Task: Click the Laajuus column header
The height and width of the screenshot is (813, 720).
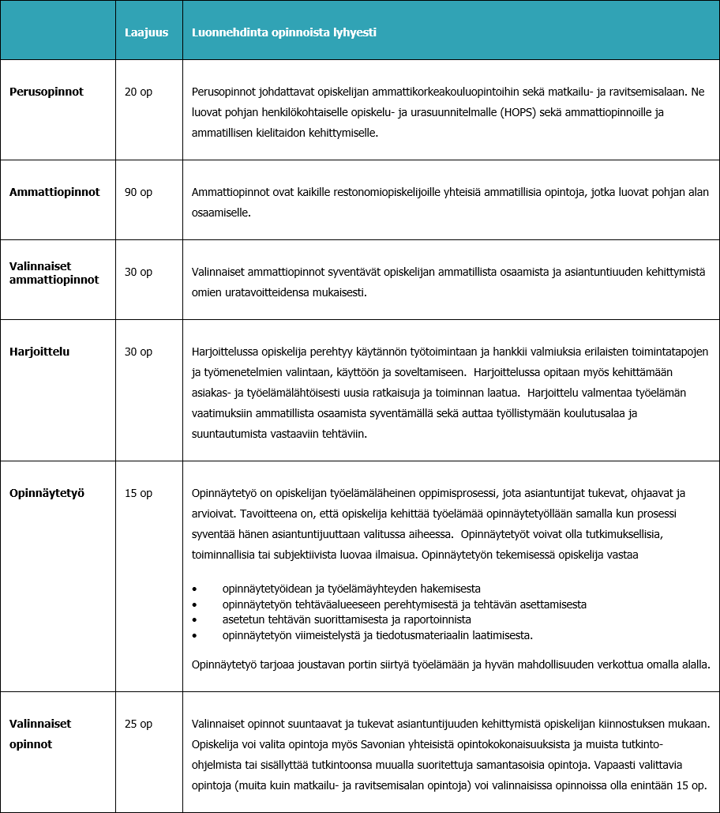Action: coord(146,32)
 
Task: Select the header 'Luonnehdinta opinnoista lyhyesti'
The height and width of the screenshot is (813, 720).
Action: coord(284,32)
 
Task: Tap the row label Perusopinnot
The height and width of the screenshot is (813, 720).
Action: coord(47,92)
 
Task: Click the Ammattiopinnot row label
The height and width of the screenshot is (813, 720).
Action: coord(54,192)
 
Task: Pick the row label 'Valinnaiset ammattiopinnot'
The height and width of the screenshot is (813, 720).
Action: coord(54,273)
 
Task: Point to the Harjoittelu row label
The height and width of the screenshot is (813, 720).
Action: coord(39,352)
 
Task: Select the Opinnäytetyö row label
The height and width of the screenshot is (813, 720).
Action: coord(47,493)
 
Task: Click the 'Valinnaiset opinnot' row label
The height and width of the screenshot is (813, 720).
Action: coord(40,733)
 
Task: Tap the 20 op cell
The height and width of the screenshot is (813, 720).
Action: coord(138,92)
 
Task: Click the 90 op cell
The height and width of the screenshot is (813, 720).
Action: coord(138,192)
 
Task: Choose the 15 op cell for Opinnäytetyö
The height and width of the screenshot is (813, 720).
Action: coord(138,493)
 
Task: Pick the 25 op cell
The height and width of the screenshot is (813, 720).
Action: coord(138,724)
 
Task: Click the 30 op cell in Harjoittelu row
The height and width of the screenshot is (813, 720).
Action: coord(138,352)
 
